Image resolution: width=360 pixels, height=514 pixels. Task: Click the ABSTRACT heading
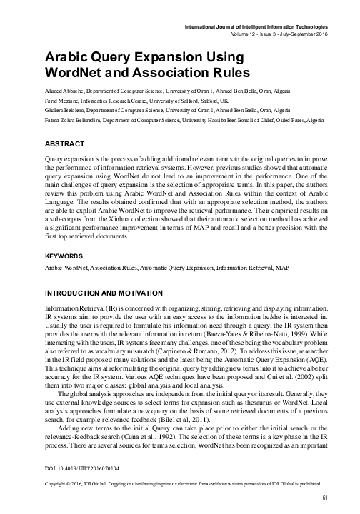click(65, 143)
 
